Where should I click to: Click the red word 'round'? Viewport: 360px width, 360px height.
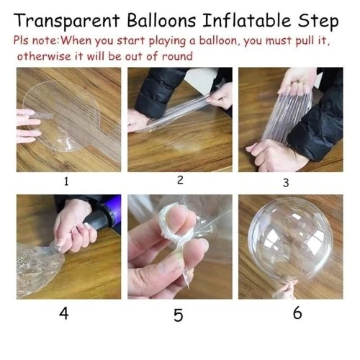176,55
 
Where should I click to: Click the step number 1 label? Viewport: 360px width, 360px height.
66,181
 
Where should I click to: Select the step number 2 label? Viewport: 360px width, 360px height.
180,181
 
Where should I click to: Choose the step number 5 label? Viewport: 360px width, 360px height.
178,314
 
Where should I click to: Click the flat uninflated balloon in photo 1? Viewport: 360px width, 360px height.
68,119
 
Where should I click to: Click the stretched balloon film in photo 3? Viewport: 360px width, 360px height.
284,119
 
